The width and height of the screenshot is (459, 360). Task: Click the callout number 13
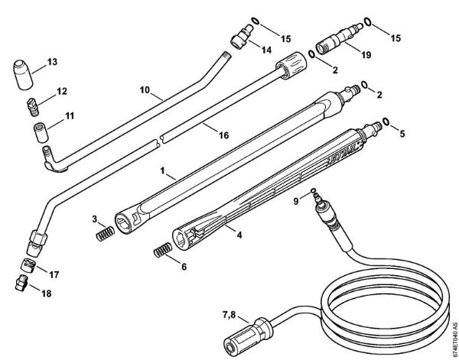52,61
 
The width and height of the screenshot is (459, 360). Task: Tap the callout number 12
62,91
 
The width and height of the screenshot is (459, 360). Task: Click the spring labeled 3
104,235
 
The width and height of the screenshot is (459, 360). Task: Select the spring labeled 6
162,249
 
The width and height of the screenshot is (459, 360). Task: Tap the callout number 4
240,236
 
